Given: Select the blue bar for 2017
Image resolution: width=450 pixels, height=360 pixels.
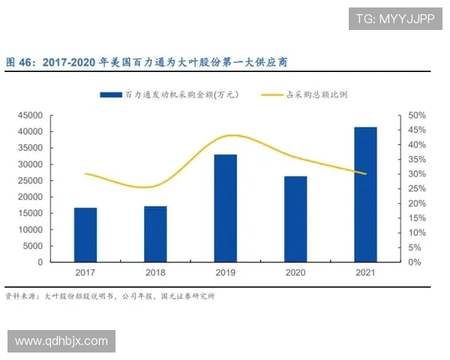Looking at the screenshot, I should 85,235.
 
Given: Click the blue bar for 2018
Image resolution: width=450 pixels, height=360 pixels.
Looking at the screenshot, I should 155,234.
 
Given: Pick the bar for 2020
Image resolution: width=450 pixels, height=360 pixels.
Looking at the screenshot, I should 295,219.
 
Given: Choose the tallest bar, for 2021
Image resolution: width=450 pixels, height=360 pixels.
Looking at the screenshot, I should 365,194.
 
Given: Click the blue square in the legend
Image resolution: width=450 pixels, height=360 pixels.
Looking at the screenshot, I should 111,95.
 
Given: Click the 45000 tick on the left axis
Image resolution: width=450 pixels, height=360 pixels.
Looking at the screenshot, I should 31,115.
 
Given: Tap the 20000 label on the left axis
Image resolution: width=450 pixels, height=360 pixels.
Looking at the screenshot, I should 31,197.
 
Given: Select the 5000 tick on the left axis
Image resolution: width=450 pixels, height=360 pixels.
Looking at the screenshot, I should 33,247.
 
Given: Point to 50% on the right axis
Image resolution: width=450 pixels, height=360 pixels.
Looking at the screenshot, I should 416,115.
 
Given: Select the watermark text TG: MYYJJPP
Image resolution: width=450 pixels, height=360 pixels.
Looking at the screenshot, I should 394,19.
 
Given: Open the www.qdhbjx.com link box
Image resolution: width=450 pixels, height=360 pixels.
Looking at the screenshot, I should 62,341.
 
